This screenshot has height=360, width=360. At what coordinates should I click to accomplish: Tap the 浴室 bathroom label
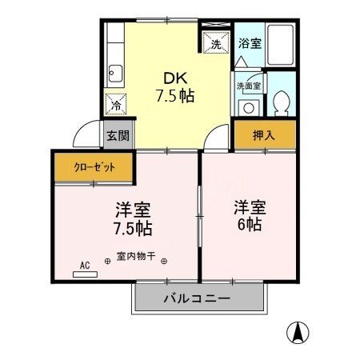250,44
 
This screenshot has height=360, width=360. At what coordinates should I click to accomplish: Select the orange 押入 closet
264,135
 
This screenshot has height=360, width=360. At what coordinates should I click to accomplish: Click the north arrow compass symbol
297,330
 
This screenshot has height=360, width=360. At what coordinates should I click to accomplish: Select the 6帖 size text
249,225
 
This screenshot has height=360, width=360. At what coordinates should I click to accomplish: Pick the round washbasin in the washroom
248,107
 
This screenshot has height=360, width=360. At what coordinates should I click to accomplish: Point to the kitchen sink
114,73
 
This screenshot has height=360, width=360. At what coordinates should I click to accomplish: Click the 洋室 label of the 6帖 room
250,207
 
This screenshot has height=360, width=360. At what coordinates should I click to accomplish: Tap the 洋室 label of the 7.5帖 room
134,210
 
